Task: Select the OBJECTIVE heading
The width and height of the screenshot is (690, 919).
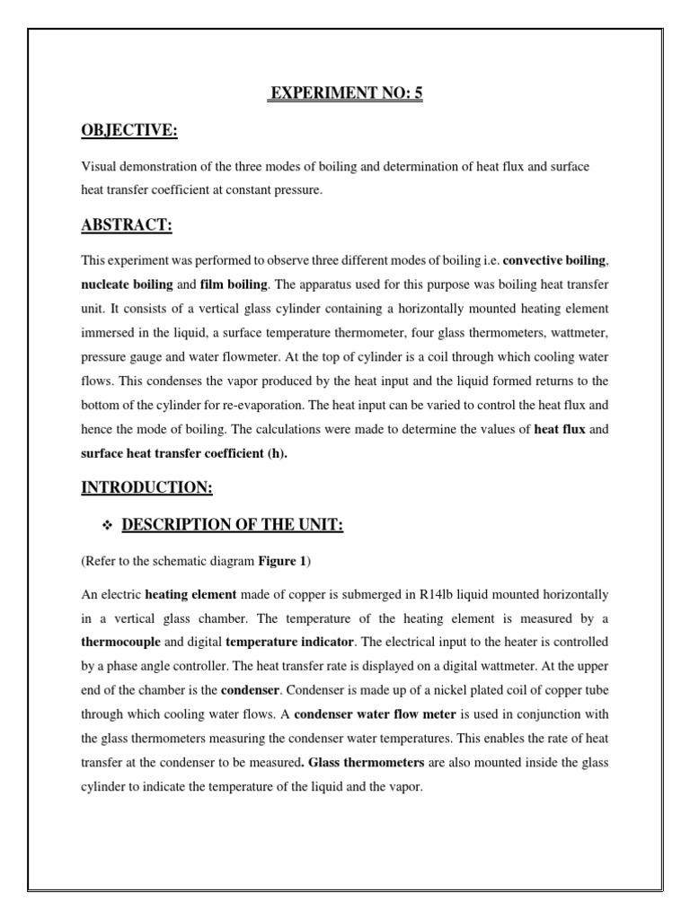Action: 130,132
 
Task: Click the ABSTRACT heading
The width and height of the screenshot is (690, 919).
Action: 127,225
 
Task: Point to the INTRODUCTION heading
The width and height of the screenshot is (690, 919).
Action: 146,487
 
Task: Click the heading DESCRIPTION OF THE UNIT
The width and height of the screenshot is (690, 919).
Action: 232,525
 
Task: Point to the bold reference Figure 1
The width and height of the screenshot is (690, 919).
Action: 282,561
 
